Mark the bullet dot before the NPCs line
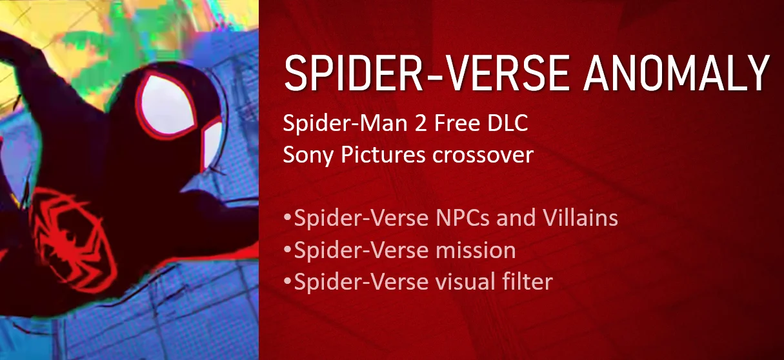pyautogui.click(x=288, y=218)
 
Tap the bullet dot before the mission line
pyautogui.click(x=288, y=250)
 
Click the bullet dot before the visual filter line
pyautogui.click(x=288, y=282)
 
